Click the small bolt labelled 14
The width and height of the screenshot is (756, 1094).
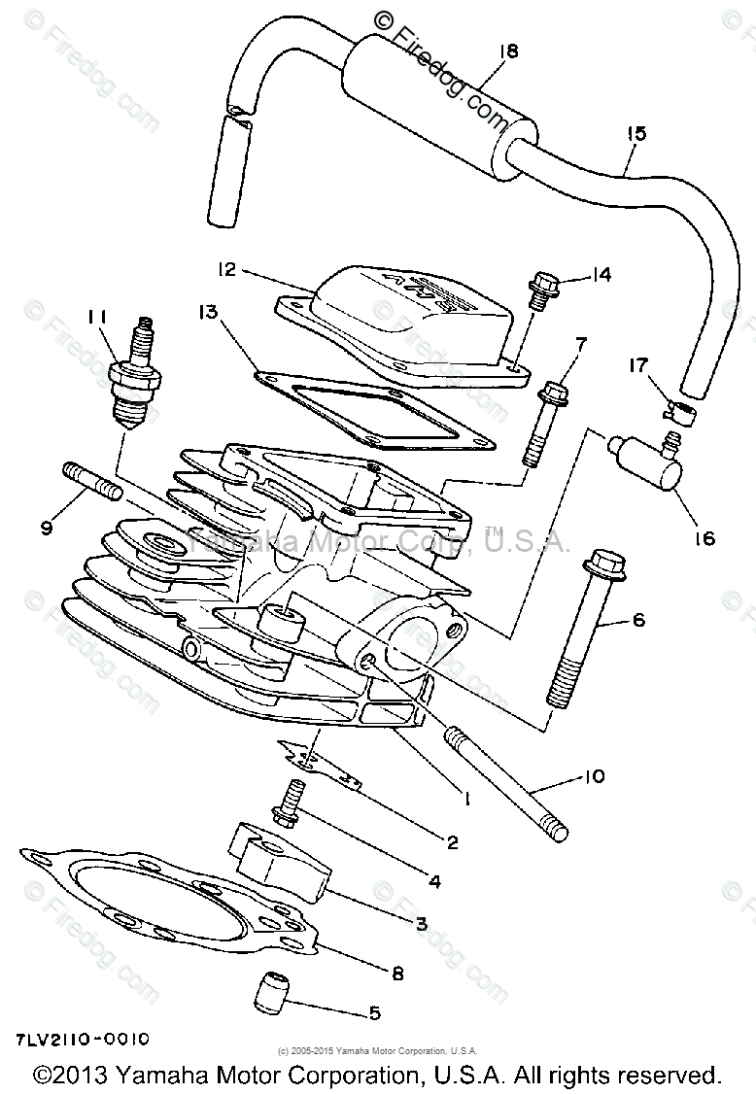coord(538,290)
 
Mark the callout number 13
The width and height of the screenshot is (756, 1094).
coord(208,313)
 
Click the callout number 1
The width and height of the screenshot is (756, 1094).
coord(466,800)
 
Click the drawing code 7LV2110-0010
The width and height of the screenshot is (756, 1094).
coord(84,1039)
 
